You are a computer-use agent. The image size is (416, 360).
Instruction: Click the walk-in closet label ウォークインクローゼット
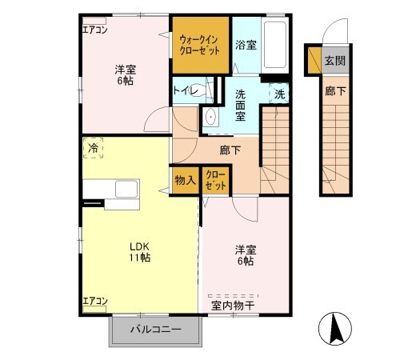pyautogui.click(x=199, y=45)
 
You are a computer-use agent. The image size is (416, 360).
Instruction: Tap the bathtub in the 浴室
pyautogui.click(x=275, y=45)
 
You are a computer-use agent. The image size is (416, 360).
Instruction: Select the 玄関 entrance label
pyautogui.click(x=335, y=61)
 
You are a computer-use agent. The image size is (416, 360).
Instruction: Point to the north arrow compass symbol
pyautogui.click(x=335, y=329)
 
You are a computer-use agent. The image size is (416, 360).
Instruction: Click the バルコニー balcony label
pyautogui.click(x=155, y=330)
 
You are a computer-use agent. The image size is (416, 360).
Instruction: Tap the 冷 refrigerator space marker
pyautogui.click(x=93, y=148)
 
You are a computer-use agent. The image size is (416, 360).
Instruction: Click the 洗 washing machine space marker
pyautogui.click(x=279, y=94)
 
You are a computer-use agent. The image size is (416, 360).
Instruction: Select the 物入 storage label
pyautogui.click(x=186, y=180)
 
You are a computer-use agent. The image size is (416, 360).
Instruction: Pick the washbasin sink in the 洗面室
pyautogui.click(x=211, y=118)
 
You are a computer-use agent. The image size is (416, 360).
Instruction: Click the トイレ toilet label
pyautogui.click(x=186, y=91)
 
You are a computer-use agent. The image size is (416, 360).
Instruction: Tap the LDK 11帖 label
pyautogui.click(x=140, y=252)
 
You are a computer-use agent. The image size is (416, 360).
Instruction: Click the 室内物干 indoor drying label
pyautogui.click(x=233, y=306)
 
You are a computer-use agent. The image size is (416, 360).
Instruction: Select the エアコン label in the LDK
pyautogui.click(x=95, y=301)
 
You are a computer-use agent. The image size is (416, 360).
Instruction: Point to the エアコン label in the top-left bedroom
pyautogui.click(x=95, y=30)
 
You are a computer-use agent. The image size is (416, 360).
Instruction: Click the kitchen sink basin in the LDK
pyautogui.click(x=126, y=189)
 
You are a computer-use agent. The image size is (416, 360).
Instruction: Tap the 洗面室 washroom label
pyautogui.click(x=240, y=106)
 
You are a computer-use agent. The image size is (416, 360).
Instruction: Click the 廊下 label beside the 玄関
pyautogui.click(x=335, y=91)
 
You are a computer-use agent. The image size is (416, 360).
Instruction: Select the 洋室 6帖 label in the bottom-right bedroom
pyautogui.click(x=246, y=255)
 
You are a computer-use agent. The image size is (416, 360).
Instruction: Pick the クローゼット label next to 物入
pyautogui.click(x=216, y=180)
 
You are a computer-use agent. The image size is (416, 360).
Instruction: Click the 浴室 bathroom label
pyautogui.click(x=246, y=45)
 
